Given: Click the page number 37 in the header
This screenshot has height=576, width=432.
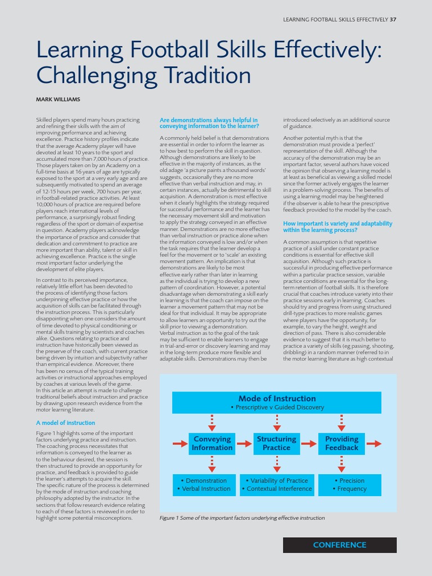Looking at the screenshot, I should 393,20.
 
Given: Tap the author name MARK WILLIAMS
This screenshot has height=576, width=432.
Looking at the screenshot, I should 58,100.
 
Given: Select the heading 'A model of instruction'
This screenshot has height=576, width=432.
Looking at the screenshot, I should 65,422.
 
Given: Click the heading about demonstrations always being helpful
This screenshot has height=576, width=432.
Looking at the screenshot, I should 209,123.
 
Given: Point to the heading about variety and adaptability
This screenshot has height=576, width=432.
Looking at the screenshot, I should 337,227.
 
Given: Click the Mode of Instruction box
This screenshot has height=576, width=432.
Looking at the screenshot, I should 276,402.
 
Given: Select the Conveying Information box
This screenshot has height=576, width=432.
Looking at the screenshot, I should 212,443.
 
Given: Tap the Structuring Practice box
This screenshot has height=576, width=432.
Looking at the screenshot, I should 276,443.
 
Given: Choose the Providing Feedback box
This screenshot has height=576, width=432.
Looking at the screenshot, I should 341,443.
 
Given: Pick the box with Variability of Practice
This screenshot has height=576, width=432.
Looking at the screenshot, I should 276,485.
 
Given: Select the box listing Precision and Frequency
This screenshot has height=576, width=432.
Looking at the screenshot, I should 352,485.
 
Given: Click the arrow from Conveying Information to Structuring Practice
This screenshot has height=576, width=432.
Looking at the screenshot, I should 245,444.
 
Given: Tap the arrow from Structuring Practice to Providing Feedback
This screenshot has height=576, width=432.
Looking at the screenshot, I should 309,444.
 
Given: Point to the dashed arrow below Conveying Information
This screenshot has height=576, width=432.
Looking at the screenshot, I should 212,464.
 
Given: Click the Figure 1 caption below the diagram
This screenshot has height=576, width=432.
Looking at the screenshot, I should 242,518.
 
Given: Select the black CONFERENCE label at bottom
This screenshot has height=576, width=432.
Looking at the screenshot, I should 339,545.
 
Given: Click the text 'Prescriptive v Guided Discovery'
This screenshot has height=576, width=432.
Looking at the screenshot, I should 277,407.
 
